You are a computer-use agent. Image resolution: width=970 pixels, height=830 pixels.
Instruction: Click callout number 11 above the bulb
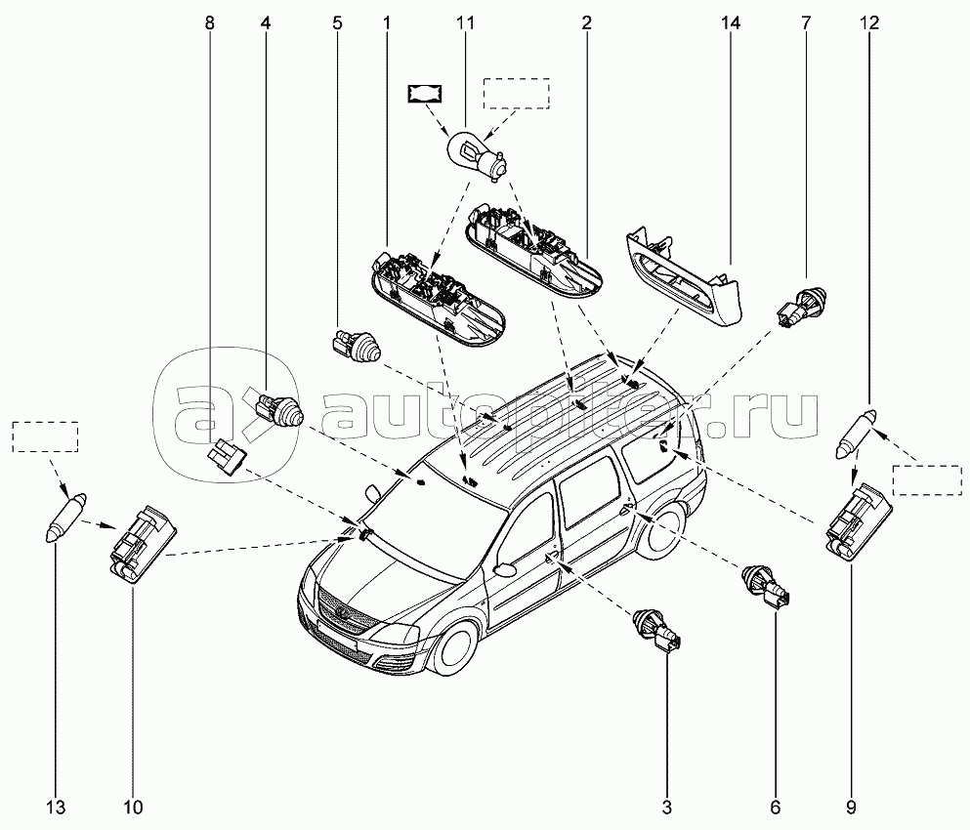click(x=465, y=21)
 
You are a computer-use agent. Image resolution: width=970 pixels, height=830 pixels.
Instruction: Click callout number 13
click(x=56, y=807)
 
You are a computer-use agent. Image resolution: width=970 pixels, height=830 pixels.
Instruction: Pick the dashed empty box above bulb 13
click(x=45, y=436)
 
